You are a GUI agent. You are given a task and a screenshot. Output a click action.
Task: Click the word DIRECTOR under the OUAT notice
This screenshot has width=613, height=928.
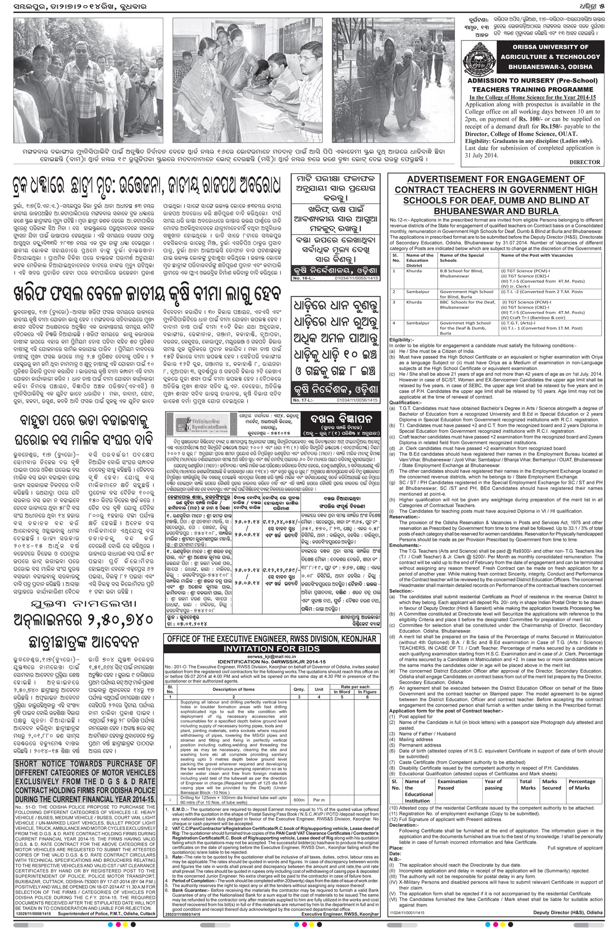click(585, 162)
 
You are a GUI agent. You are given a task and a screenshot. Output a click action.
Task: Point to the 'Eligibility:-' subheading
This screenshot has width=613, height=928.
click(402, 340)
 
